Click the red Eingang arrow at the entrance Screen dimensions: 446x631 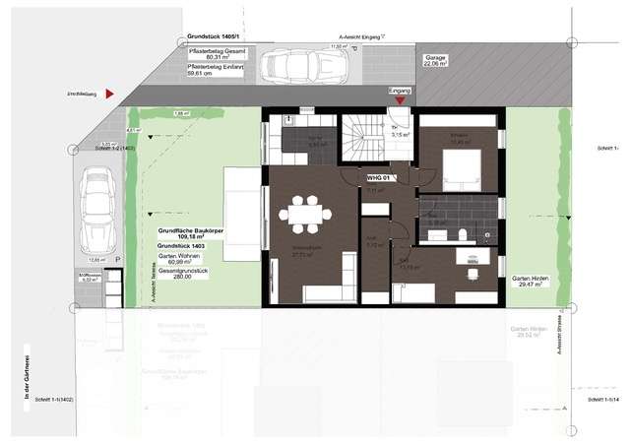tap(399, 99)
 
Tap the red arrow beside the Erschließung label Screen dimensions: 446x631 tap(111, 93)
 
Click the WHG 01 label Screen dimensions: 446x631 tap(380, 178)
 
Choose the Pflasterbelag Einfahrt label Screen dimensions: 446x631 tap(219, 69)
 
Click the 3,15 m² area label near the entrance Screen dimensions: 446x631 tap(398, 135)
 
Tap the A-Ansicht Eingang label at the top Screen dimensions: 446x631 tap(354, 38)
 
